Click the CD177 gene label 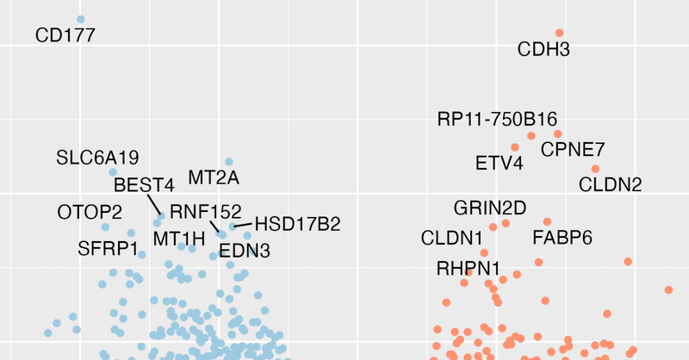point(65,35)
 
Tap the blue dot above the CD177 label point(81,19)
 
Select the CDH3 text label point(543,50)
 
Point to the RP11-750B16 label point(497,119)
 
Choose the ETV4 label point(499,163)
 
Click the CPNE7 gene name point(573,150)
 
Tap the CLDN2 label point(610,184)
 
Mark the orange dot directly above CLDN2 point(595,169)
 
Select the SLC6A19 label point(97,158)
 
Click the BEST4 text point(144,184)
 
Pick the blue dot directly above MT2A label point(229,161)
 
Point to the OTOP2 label point(90,212)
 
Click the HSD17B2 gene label point(298,224)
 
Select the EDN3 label point(245,251)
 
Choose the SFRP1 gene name point(108,249)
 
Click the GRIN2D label point(489,208)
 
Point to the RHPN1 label point(468,268)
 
